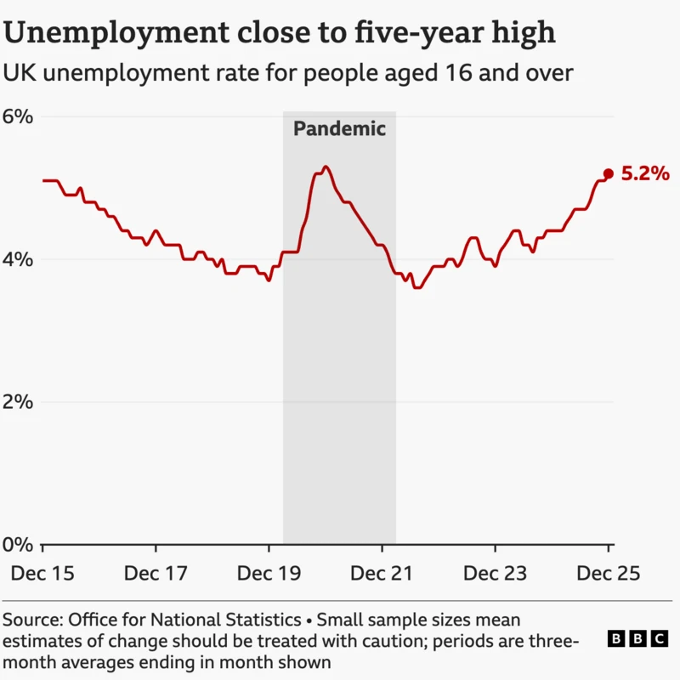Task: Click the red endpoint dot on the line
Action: pyautogui.click(x=608, y=173)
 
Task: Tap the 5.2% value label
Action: pyautogui.click(x=645, y=174)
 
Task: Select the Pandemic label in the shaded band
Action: pyautogui.click(x=339, y=129)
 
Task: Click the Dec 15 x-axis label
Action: pyautogui.click(x=42, y=574)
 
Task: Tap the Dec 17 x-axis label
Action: pyautogui.click(x=156, y=574)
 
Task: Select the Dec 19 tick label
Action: pyautogui.click(x=269, y=574)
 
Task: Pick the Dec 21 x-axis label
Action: pyautogui.click(x=382, y=574)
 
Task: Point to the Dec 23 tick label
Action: pyautogui.click(x=496, y=574)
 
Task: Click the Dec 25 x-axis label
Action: pyautogui.click(x=609, y=574)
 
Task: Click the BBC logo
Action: pyautogui.click(x=637, y=639)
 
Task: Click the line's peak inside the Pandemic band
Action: pyautogui.click(x=326, y=167)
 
